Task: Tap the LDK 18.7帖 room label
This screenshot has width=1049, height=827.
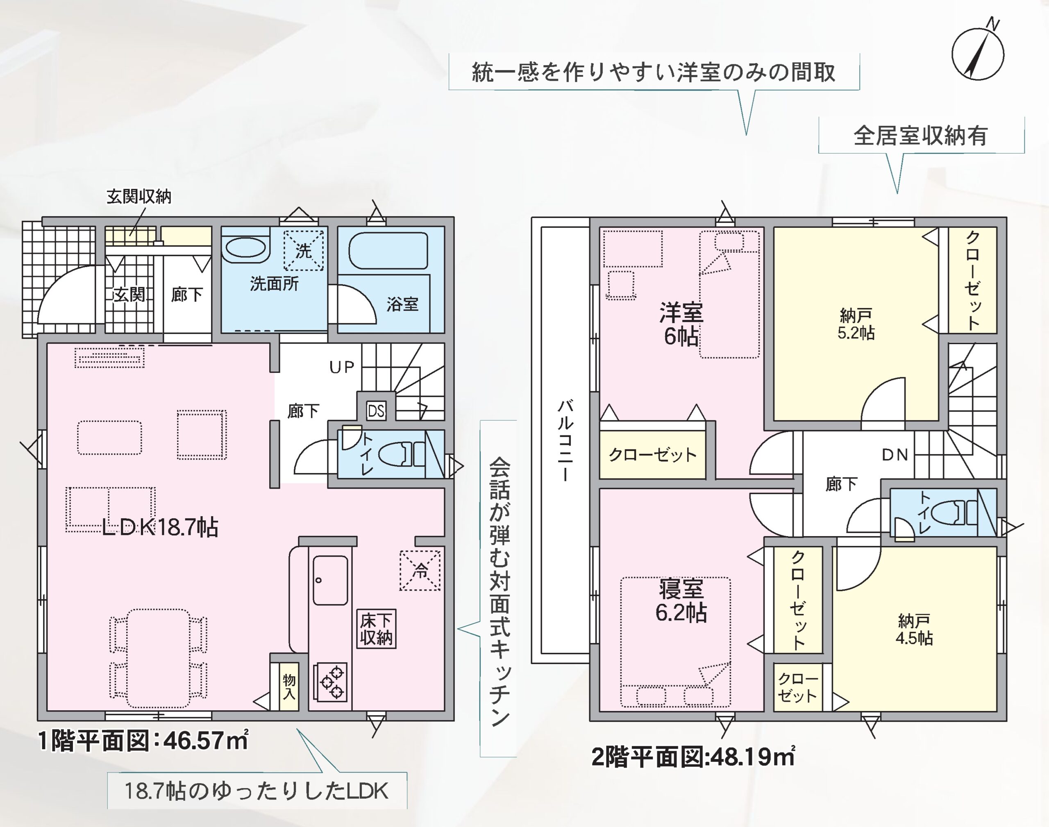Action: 160,527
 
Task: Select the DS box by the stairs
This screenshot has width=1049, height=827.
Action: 376,411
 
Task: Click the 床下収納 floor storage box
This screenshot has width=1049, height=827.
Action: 376,629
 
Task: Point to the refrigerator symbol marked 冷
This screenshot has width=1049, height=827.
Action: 420,570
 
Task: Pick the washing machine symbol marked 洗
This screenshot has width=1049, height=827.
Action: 303,250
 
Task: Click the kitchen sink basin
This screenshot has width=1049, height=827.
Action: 330,580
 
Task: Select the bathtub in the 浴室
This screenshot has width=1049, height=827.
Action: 388,251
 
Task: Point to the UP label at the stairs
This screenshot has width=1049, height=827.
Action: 342,367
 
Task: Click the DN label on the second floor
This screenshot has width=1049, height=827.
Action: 895,455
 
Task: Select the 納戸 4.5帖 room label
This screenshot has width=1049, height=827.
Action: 914,630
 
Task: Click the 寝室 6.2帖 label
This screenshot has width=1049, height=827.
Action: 681,601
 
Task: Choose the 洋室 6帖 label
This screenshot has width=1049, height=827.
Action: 681,324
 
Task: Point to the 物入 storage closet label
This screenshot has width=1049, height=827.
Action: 289,687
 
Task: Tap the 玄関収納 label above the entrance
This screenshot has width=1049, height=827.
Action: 139,197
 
